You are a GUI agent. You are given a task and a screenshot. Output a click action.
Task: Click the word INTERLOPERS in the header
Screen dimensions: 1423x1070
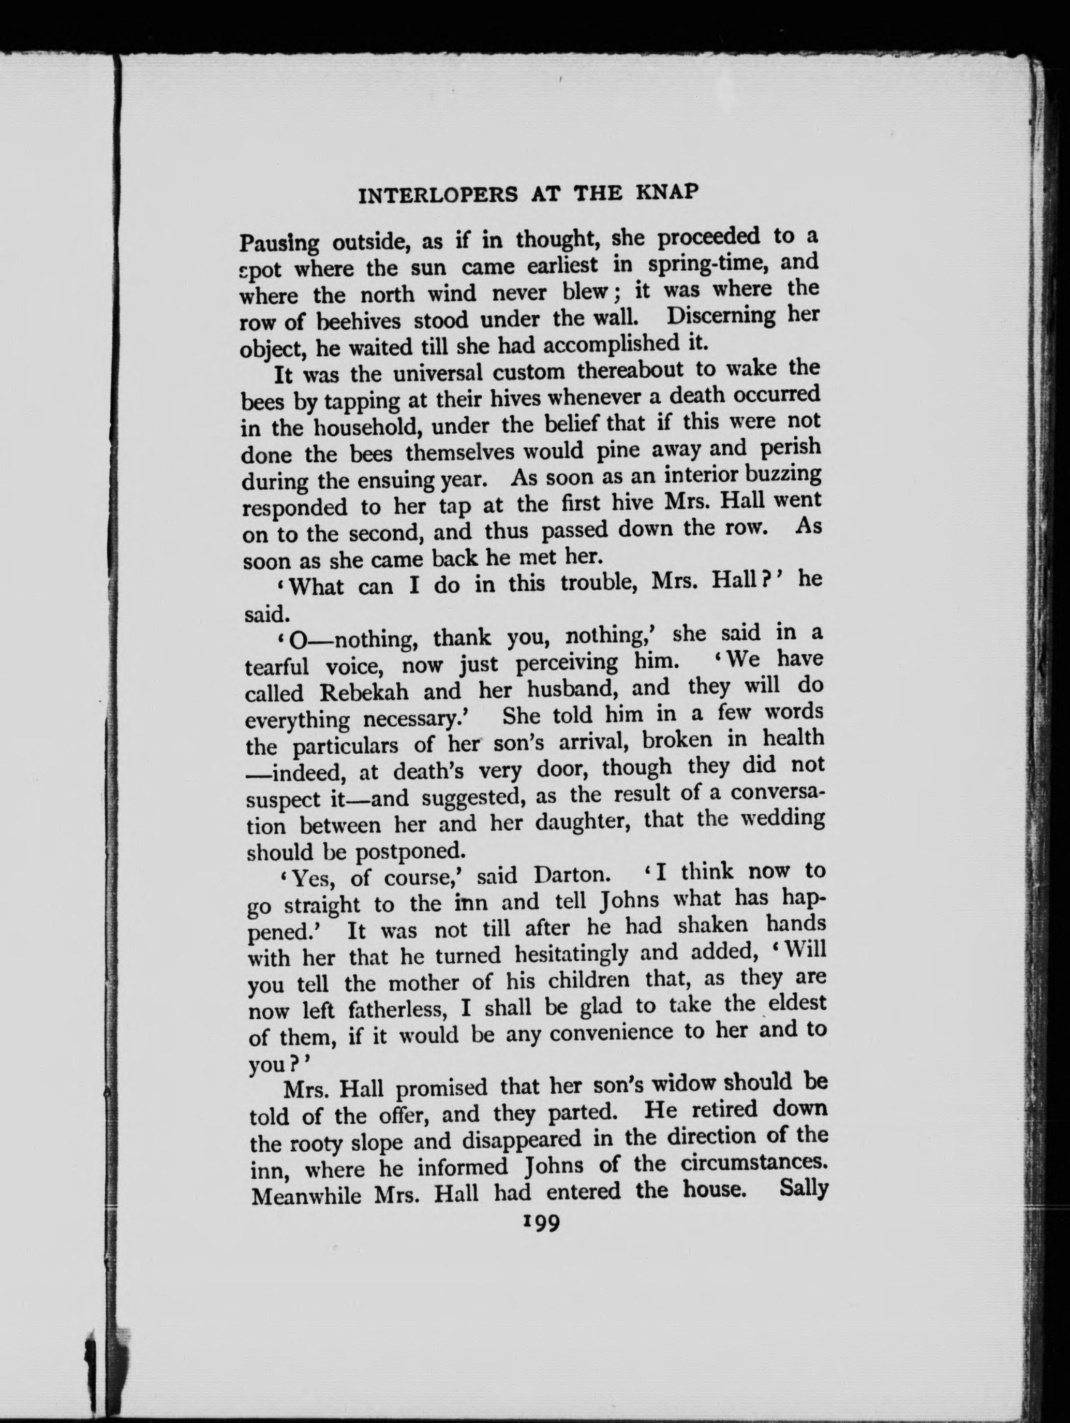point(438,194)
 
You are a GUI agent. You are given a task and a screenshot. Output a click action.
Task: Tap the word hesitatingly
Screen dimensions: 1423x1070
point(571,953)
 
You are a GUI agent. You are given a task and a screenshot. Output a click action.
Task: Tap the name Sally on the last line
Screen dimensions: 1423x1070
point(802,1187)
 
